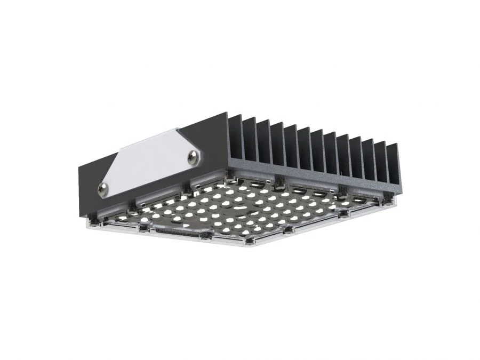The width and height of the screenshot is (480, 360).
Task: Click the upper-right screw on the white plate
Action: (x=193, y=155)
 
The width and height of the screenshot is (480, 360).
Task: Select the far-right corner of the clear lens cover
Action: (x=396, y=205)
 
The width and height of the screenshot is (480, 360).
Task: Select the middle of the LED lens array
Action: (x=240, y=208)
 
